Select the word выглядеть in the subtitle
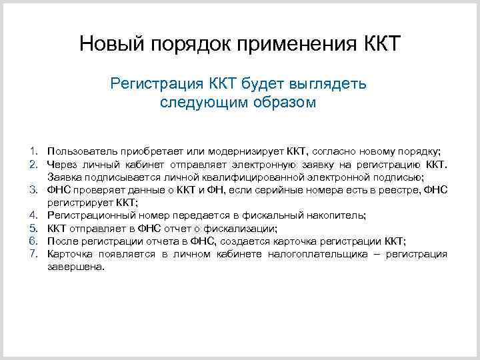click(x=327, y=85)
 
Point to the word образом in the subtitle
click(x=287, y=103)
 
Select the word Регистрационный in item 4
click(x=91, y=216)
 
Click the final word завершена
click(x=76, y=267)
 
